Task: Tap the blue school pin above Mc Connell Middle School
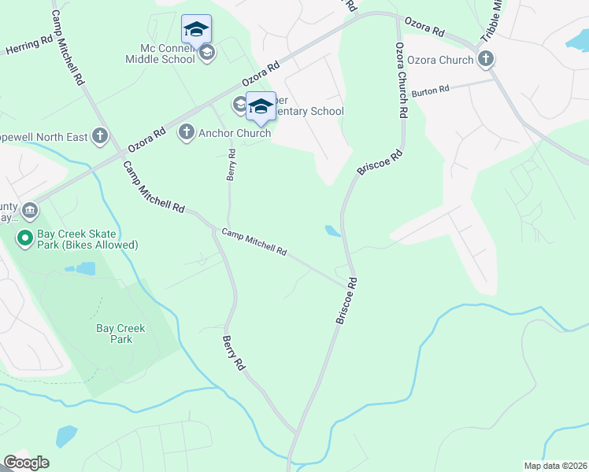coord(196,30)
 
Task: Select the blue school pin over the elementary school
coord(261,106)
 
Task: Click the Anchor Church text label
coord(235,133)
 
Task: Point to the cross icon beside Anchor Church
coord(187,132)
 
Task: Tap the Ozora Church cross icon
coord(486,58)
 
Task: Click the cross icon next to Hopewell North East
coord(100,136)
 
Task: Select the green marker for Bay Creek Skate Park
coord(25,237)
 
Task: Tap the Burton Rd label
coord(429,90)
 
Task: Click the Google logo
coord(26,463)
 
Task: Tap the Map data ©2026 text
coord(555,466)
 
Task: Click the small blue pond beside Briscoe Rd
coord(333,231)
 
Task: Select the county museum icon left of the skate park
coord(30,210)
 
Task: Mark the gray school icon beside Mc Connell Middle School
coord(207,53)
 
